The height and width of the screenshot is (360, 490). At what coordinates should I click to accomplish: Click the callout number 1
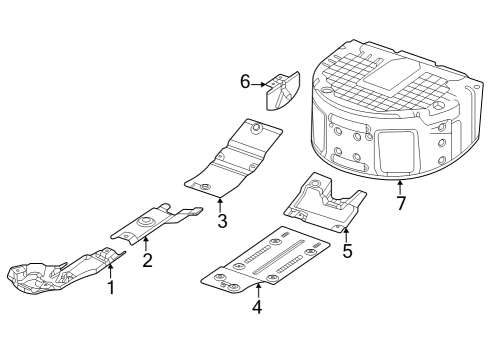111,288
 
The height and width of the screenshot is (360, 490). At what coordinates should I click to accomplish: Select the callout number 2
147,260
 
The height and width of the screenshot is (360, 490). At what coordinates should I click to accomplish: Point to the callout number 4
257,307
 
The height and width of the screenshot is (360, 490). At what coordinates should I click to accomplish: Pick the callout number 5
347,251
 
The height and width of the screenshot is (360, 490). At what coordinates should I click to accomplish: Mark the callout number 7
400,204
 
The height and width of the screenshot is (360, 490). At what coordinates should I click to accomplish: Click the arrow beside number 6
258,84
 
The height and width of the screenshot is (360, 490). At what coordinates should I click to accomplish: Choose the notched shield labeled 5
322,203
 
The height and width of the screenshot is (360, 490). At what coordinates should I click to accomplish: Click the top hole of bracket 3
256,127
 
